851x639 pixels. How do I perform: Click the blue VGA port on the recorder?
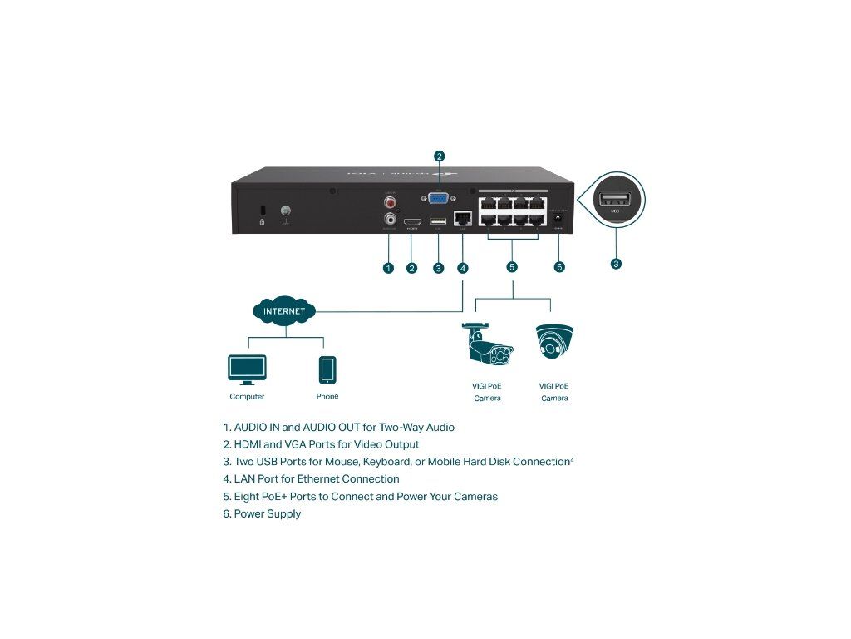pyautogui.click(x=439, y=200)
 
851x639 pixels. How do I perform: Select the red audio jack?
pyautogui.click(x=389, y=201)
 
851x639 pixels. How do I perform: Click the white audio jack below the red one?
pyautogui.click(x=389, y=220)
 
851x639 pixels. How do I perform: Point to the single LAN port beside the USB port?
pyautogui.click(x=464, y=220)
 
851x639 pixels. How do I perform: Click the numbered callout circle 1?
pyautogui.click(x=388, y=267)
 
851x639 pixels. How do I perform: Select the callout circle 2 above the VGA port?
pyautogui.click(x=440, y=156)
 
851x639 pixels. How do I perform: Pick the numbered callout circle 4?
pyautogui.click(x=463, y=267)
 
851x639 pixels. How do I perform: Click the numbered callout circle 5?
pyautogui.click(x=512, y=267)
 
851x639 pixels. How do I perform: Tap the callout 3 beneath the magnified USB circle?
pyautogui.click(x=616, y=264)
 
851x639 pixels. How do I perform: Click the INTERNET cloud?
pyautogui.click(x=284, y=311)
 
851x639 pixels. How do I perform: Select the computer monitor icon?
pyautogui.click(x=247, y=369)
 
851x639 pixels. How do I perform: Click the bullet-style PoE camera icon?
pyautogui.click(x=487, y=344)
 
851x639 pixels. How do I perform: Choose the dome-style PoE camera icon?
pyautogui.click(x=554, y=342)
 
